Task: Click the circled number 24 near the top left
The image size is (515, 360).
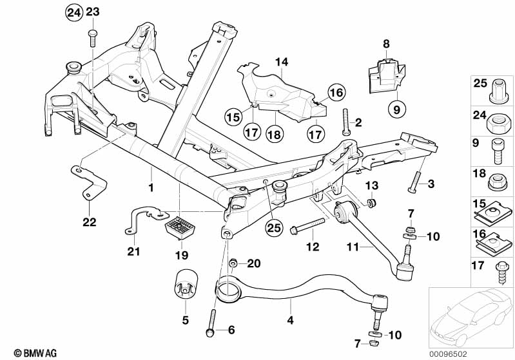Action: click(74, 12)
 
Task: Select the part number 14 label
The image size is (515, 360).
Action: click(281, 62)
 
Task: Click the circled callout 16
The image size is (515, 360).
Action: click(336, 93)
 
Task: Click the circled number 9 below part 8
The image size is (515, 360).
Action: click(396, 109)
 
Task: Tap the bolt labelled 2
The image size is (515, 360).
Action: click(347, 121)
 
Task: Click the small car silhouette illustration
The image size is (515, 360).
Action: click(469, 316)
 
